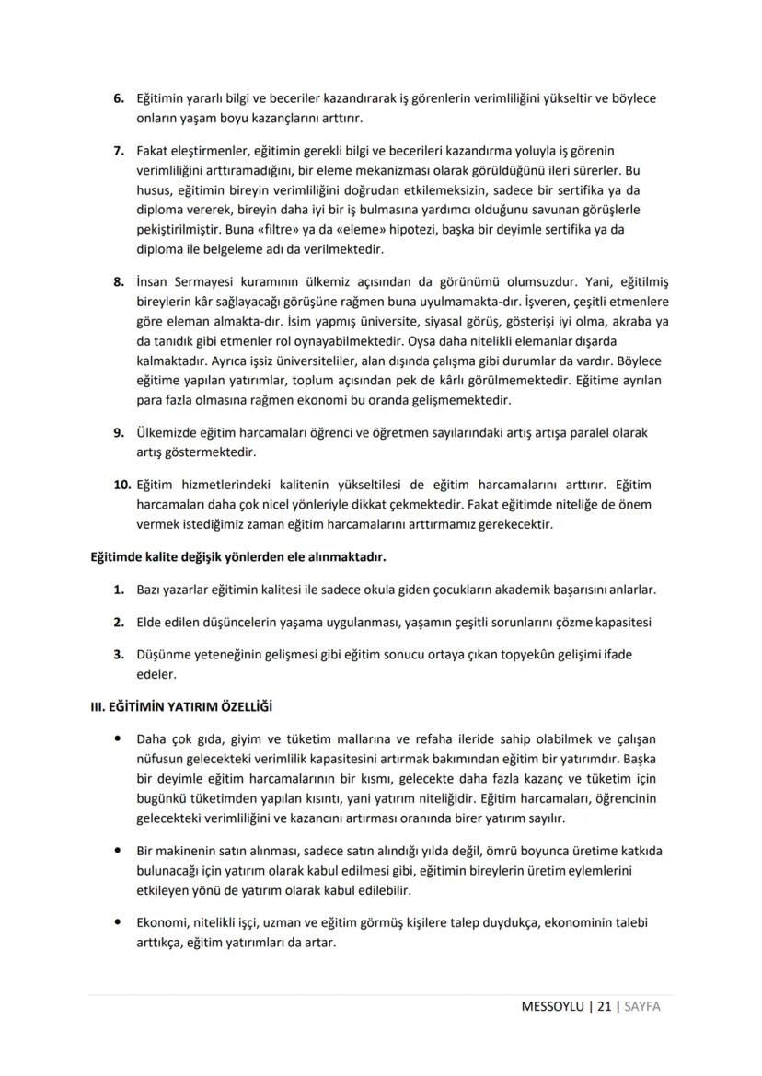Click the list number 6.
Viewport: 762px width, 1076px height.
click(x=119, y=97)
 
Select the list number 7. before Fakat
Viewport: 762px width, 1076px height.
click(x=119, y=149)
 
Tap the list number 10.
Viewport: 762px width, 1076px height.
click(x=122, y=484)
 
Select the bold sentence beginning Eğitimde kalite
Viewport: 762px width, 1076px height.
click(x=237, y=557)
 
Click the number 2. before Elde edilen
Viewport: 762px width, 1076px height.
click(x=119, y=623)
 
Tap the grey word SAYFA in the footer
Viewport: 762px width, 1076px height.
click(x=642, y=1007)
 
